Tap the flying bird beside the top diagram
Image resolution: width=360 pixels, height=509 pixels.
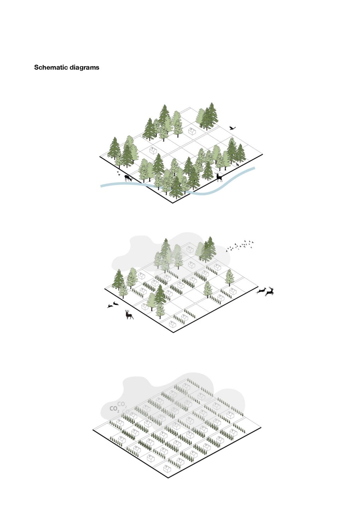[232, 128]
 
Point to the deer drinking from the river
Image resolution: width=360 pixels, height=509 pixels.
[128, 178]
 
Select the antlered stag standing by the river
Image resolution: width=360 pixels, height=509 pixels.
[219, 177]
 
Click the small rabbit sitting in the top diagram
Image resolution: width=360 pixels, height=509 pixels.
[237, 164]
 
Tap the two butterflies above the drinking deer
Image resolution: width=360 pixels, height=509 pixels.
[118, 173]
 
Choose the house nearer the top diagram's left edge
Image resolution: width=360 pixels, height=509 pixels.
[153, 151]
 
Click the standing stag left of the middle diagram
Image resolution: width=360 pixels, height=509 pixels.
[129, 315]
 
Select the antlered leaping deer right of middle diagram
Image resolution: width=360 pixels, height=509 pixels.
[269, 292]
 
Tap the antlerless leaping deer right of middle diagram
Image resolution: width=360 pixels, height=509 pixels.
[261, 291]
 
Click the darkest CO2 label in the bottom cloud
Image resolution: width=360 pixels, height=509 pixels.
[114, 409]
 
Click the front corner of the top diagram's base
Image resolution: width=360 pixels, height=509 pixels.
[173, 203]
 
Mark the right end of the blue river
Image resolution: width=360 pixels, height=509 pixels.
[255, 168]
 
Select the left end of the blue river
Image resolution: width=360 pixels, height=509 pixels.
[101, 186]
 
